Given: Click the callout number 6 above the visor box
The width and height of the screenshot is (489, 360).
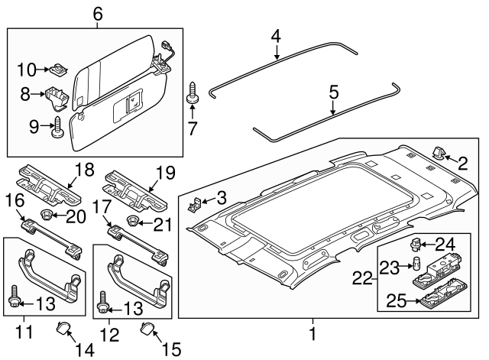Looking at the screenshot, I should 97,13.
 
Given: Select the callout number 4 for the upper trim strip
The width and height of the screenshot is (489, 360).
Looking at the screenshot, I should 276,35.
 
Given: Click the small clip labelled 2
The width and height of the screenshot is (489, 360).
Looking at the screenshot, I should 442,154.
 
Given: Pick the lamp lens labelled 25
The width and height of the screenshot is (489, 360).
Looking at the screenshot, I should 432,300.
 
